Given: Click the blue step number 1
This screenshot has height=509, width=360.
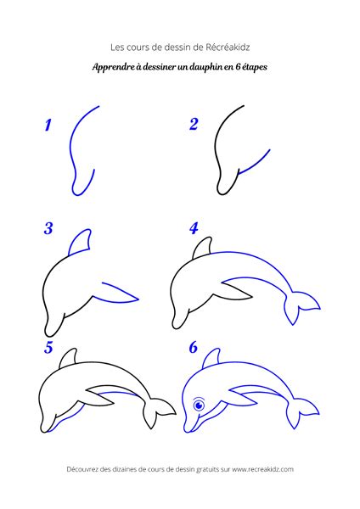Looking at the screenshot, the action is tap(48, 125).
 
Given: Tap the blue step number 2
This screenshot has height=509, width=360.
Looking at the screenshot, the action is tap(194, 125).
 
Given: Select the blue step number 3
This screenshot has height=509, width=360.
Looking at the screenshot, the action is tap(48, 228).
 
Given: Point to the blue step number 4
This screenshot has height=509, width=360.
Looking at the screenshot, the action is tap(194, 228).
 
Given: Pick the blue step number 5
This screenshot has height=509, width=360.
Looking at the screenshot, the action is tap(48, 348).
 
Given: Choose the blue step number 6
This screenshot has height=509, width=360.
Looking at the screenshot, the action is tap(194, 347).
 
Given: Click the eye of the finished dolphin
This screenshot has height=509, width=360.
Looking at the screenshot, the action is tap(199, 406).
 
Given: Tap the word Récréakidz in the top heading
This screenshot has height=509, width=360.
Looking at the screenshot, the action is tap(228, 48).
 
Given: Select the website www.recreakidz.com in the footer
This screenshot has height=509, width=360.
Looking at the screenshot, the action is tap(262, 469).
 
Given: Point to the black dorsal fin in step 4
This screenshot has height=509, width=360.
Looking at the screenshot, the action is tap(202, 249).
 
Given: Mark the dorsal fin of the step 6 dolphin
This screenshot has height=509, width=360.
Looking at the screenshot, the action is tap(212, 359).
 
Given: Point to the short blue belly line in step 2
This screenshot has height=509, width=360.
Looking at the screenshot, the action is tap(254, 162).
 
